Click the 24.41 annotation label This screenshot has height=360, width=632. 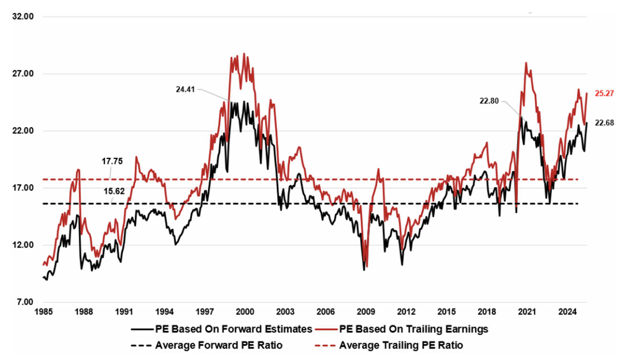coord(186,89)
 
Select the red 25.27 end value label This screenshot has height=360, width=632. coord(604,93)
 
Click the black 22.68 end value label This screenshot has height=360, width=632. coord(604,123)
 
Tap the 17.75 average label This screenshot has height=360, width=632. coord(112,161)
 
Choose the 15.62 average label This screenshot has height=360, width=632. coord(112,191)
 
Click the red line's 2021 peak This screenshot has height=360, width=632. coord(526,63)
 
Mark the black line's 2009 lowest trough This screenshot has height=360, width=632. coord(364,270)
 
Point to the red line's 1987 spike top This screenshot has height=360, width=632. coord(78,169)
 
